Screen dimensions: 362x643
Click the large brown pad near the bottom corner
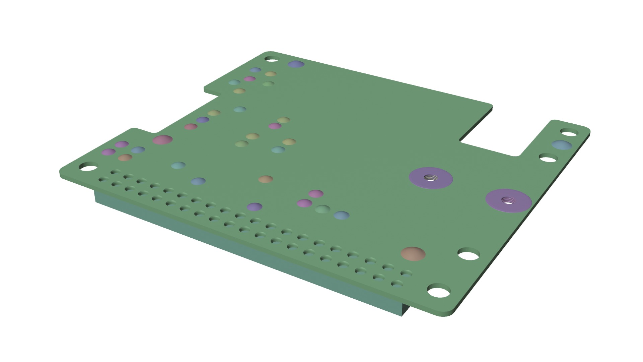(x=413, y=254)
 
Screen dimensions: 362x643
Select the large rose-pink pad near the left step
(x=162, y=140)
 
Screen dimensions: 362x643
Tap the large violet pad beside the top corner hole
(x=296, y=64)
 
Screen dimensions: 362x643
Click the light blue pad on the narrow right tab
(x=562, y=145)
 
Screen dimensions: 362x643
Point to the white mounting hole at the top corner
(x=272, y=59)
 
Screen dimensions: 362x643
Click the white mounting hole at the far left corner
(x=88, y=167)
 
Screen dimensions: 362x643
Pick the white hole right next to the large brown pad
(x=469, y=254)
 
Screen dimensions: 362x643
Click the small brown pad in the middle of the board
(x=266, y=179)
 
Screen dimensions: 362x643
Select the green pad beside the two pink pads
(x=323, y=209)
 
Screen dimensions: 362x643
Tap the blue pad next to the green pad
(x=341, y=215)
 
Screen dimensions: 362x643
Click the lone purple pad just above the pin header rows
(x=255, y=207)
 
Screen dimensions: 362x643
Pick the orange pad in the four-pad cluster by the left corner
(x=125, y=158)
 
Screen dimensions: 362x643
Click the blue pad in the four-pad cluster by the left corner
(x=138, y=150)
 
